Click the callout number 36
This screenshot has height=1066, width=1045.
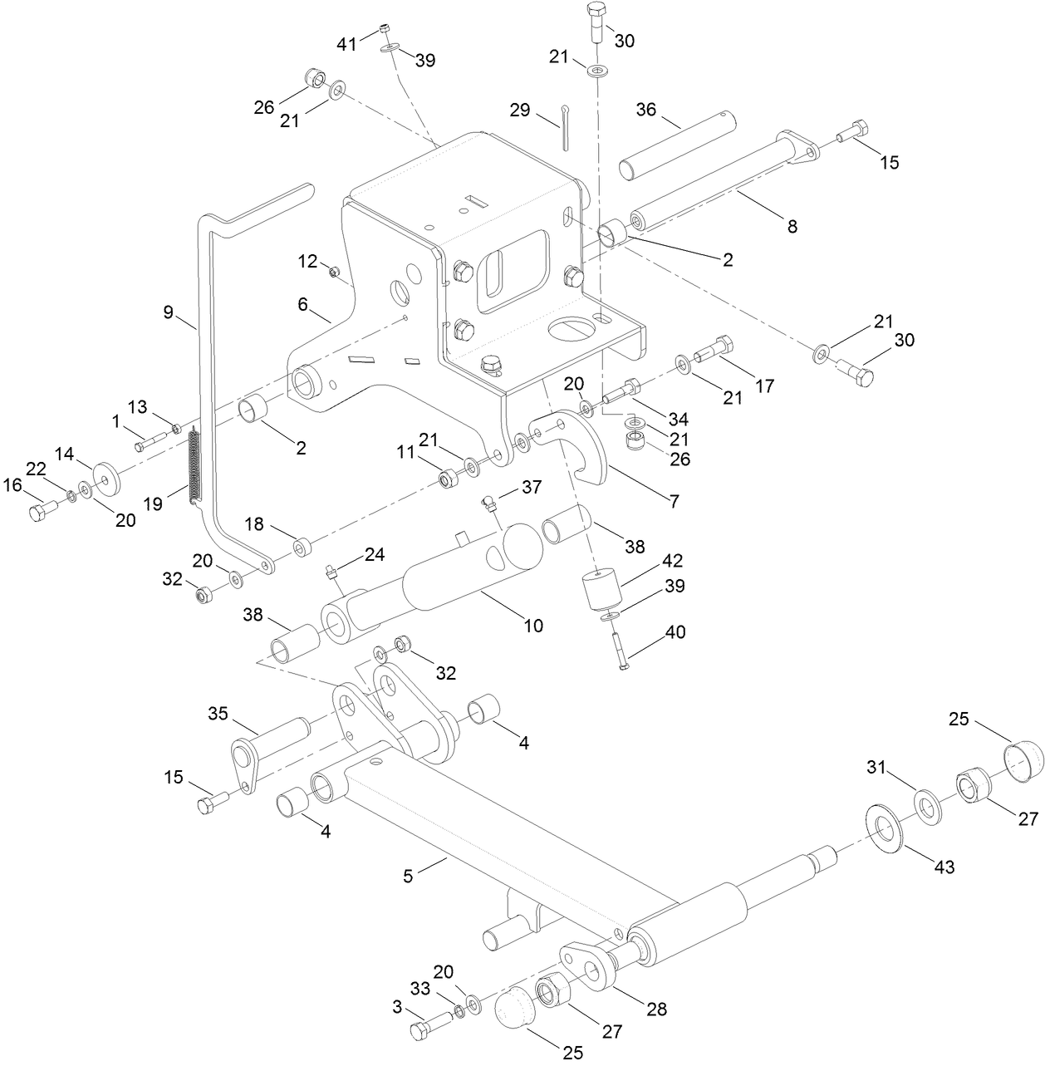[x=646, y=110]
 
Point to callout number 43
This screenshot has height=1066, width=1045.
[x=944, y=867]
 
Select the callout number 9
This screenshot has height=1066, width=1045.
[x=168, y=312]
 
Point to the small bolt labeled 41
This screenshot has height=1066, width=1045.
[x=384, y=29]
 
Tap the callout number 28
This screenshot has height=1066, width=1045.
[x=657, y=1010]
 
